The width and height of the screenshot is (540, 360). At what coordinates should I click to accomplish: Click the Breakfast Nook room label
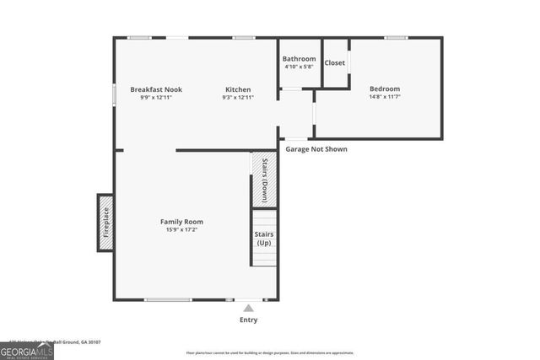click(156, 89)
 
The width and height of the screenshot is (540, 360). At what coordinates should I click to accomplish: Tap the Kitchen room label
click(238, 89)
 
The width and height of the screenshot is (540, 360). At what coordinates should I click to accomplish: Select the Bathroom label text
click(300, 59)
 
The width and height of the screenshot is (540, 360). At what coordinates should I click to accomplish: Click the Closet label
click(335, 62)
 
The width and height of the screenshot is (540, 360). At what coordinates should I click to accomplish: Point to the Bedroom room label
click(385, 89)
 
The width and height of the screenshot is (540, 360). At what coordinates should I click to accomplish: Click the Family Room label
click(181, 222)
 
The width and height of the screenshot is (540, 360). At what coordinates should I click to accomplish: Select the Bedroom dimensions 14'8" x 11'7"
click(385, 97)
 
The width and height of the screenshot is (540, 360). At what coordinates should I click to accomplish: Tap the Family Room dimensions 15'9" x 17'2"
click(181, 230)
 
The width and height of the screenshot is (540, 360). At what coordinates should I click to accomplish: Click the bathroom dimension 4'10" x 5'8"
click(300, 67)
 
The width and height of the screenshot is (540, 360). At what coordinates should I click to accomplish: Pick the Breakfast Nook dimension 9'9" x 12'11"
click(156, 98)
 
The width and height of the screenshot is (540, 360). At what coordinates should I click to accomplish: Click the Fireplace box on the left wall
click(106, 223)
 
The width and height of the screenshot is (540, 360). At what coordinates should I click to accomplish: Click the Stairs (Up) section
click(265, 239)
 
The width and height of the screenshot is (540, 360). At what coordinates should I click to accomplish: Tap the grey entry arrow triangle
click(248, 309)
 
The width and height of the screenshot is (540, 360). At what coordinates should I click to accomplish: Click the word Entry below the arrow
click(248, 320)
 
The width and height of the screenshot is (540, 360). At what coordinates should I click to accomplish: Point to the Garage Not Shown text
click(316, 149)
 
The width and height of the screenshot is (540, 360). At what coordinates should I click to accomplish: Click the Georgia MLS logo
click(27, 350)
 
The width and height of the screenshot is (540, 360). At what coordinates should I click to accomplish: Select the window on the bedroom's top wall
click(396, 37)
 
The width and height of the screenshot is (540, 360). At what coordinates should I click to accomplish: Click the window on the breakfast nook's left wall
click(115, 94)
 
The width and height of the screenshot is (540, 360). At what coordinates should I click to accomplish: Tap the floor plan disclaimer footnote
click(270, 353)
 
